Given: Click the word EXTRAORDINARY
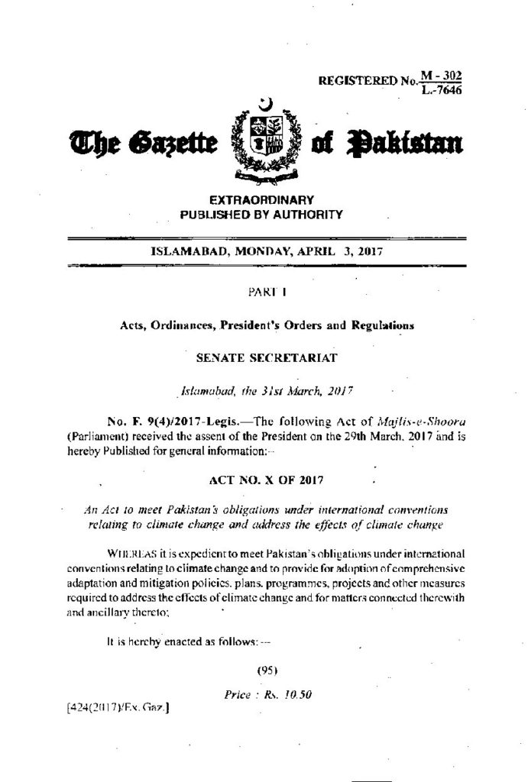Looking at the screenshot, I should [262, 200].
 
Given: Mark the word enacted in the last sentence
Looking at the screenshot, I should [177, 643].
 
